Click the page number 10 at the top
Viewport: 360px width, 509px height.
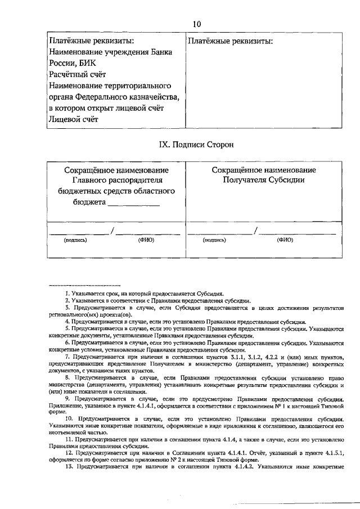point(196,24)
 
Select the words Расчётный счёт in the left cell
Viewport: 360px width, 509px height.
point(76,74)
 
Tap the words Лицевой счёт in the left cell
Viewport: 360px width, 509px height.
point(73,119)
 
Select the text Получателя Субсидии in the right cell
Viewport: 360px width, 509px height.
point(263,181)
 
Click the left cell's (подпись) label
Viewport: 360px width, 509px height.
point(75,240)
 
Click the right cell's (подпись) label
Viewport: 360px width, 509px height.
point(214,240)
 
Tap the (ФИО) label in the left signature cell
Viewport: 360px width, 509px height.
point(146,240)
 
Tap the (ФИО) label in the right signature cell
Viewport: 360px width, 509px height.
point(285,240)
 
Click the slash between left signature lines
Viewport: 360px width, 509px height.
point(112,229)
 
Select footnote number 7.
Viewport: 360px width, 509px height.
point(67,357)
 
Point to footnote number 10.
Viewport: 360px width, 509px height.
point(69,420)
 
